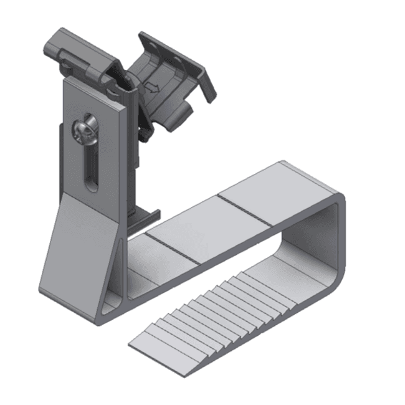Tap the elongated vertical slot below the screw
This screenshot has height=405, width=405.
(91, 168)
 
